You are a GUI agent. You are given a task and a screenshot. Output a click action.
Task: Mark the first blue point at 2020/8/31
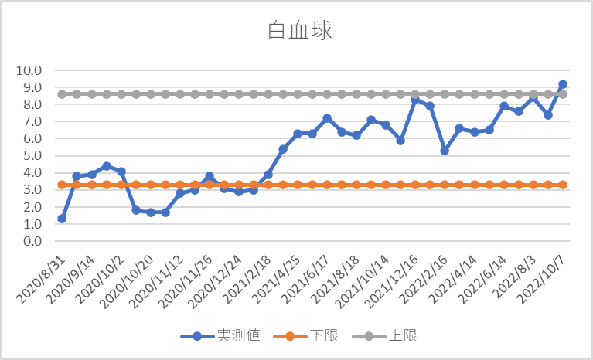[62, 219]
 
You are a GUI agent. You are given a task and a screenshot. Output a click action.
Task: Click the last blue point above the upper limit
[563, 84]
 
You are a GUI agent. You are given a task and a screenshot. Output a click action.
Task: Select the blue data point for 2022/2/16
[445, 151]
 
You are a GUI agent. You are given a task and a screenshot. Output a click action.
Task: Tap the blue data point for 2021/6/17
[327, 118]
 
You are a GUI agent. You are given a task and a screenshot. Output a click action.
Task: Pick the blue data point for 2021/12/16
[415, 100]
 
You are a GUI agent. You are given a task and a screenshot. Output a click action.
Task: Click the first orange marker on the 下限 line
[62, 185]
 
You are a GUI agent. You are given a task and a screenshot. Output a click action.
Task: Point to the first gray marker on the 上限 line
[62, 94]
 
